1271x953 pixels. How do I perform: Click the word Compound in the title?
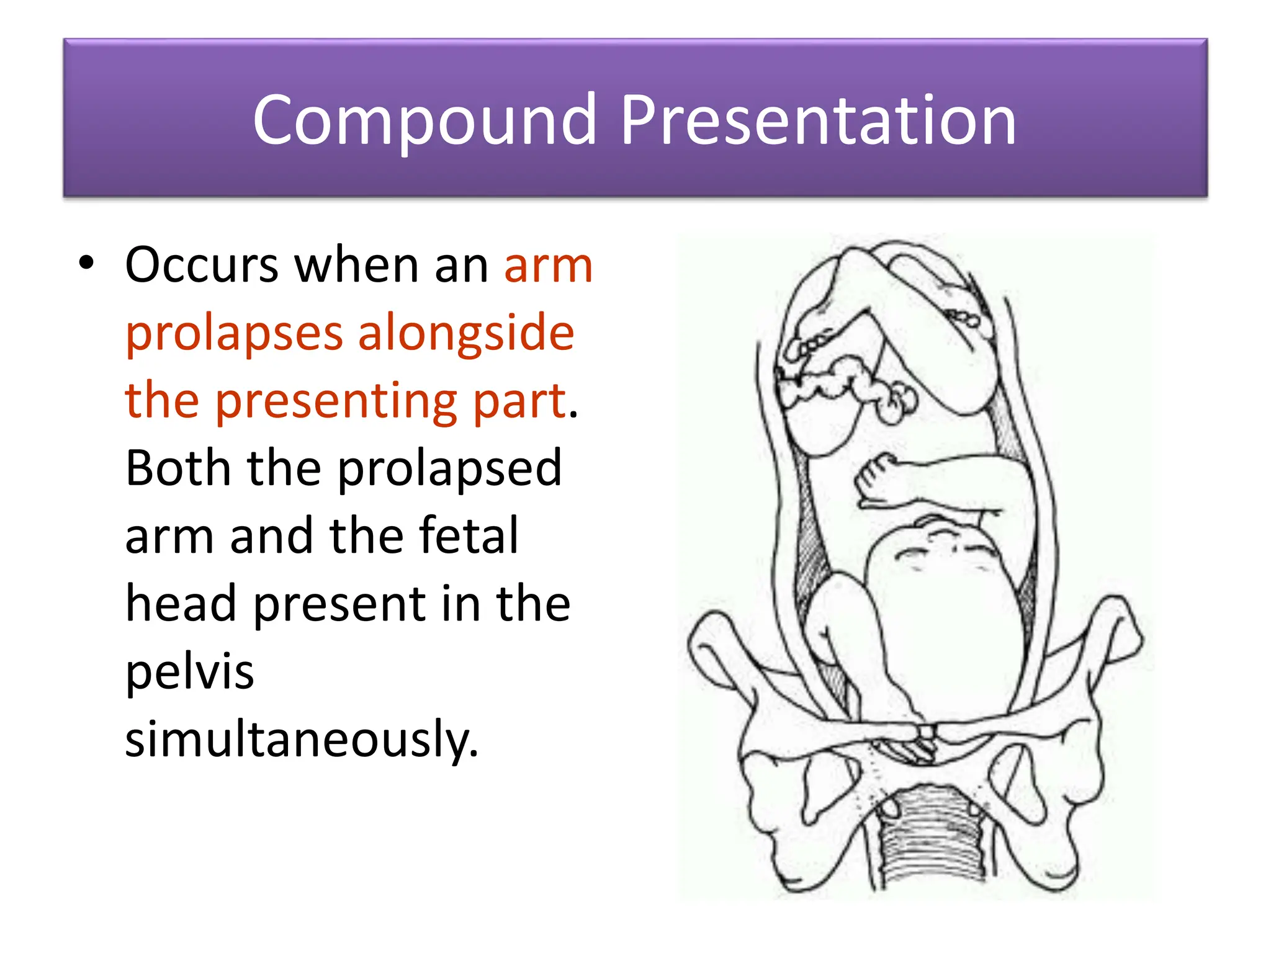pos(424,120)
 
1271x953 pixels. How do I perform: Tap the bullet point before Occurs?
pos(86,263)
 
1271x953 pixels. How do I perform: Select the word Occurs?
pos(202,266)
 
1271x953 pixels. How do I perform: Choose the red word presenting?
pos(336,402)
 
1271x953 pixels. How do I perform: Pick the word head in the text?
pos(181,603)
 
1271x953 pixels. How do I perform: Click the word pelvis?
pos(190,671)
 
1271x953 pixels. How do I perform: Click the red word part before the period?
pos(520,402)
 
